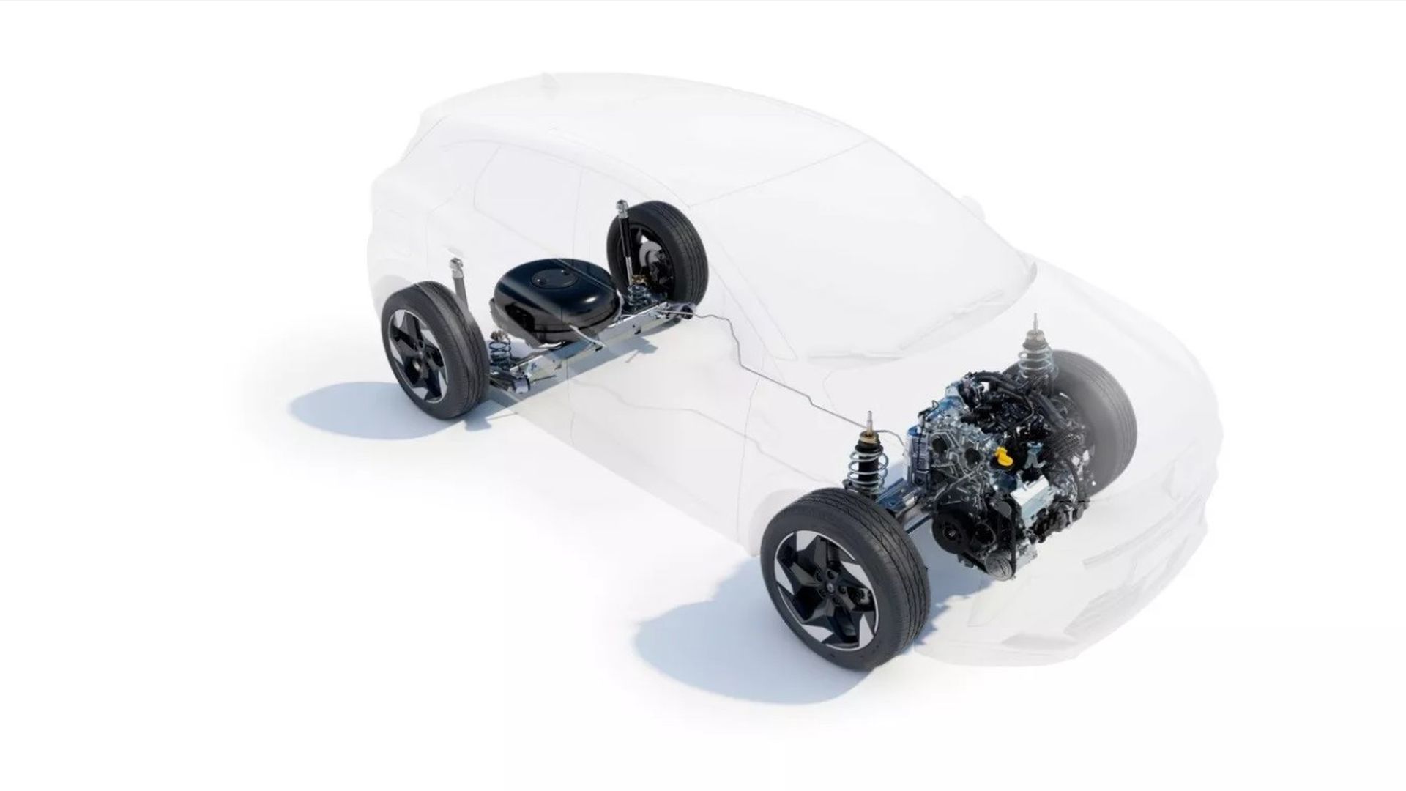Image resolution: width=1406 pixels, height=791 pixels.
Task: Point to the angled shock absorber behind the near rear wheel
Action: point(461,289)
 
